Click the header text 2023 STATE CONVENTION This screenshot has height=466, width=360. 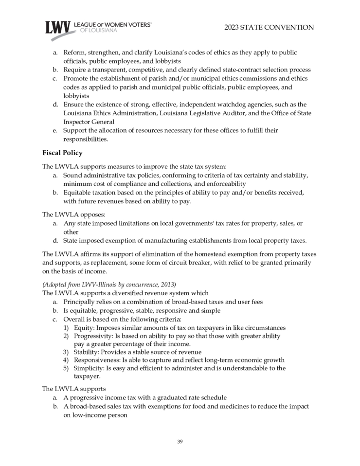pyautogui.click(x=269, y=28)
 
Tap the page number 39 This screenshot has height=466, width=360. pyautogui.click(x=180, y=442)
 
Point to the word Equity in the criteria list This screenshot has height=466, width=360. pyautogui.click(x=83, y=328)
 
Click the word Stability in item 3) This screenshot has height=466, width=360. pyautogui.click(x=86, y=352)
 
